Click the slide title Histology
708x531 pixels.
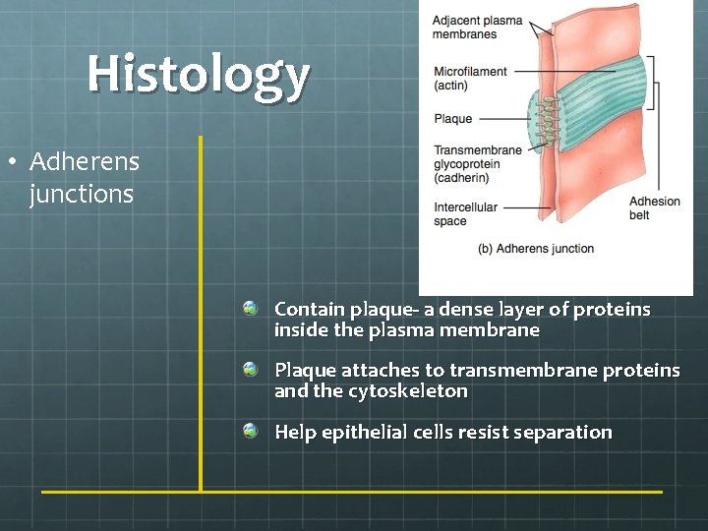198,74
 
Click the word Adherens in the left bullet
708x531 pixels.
85,161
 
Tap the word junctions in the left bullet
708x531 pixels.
82,194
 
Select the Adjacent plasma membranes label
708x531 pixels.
477,28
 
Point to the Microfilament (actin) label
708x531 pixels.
470,78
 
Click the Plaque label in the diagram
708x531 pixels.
452,119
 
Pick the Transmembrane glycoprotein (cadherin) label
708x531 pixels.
478,164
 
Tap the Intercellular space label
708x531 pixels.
465,213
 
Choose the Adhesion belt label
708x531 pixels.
654,207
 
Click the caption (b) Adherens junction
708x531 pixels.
535,249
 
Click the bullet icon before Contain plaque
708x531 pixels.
253,309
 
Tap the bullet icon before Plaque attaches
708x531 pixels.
253,370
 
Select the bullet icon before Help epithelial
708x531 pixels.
253,431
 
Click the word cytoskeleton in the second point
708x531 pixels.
408,391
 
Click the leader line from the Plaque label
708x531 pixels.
505,119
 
